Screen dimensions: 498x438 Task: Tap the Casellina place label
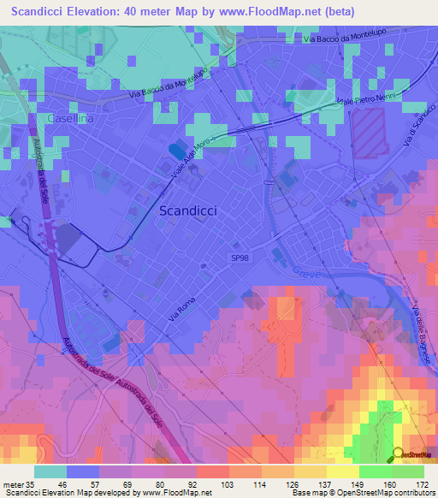71,120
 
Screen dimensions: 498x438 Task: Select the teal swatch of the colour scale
50,471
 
